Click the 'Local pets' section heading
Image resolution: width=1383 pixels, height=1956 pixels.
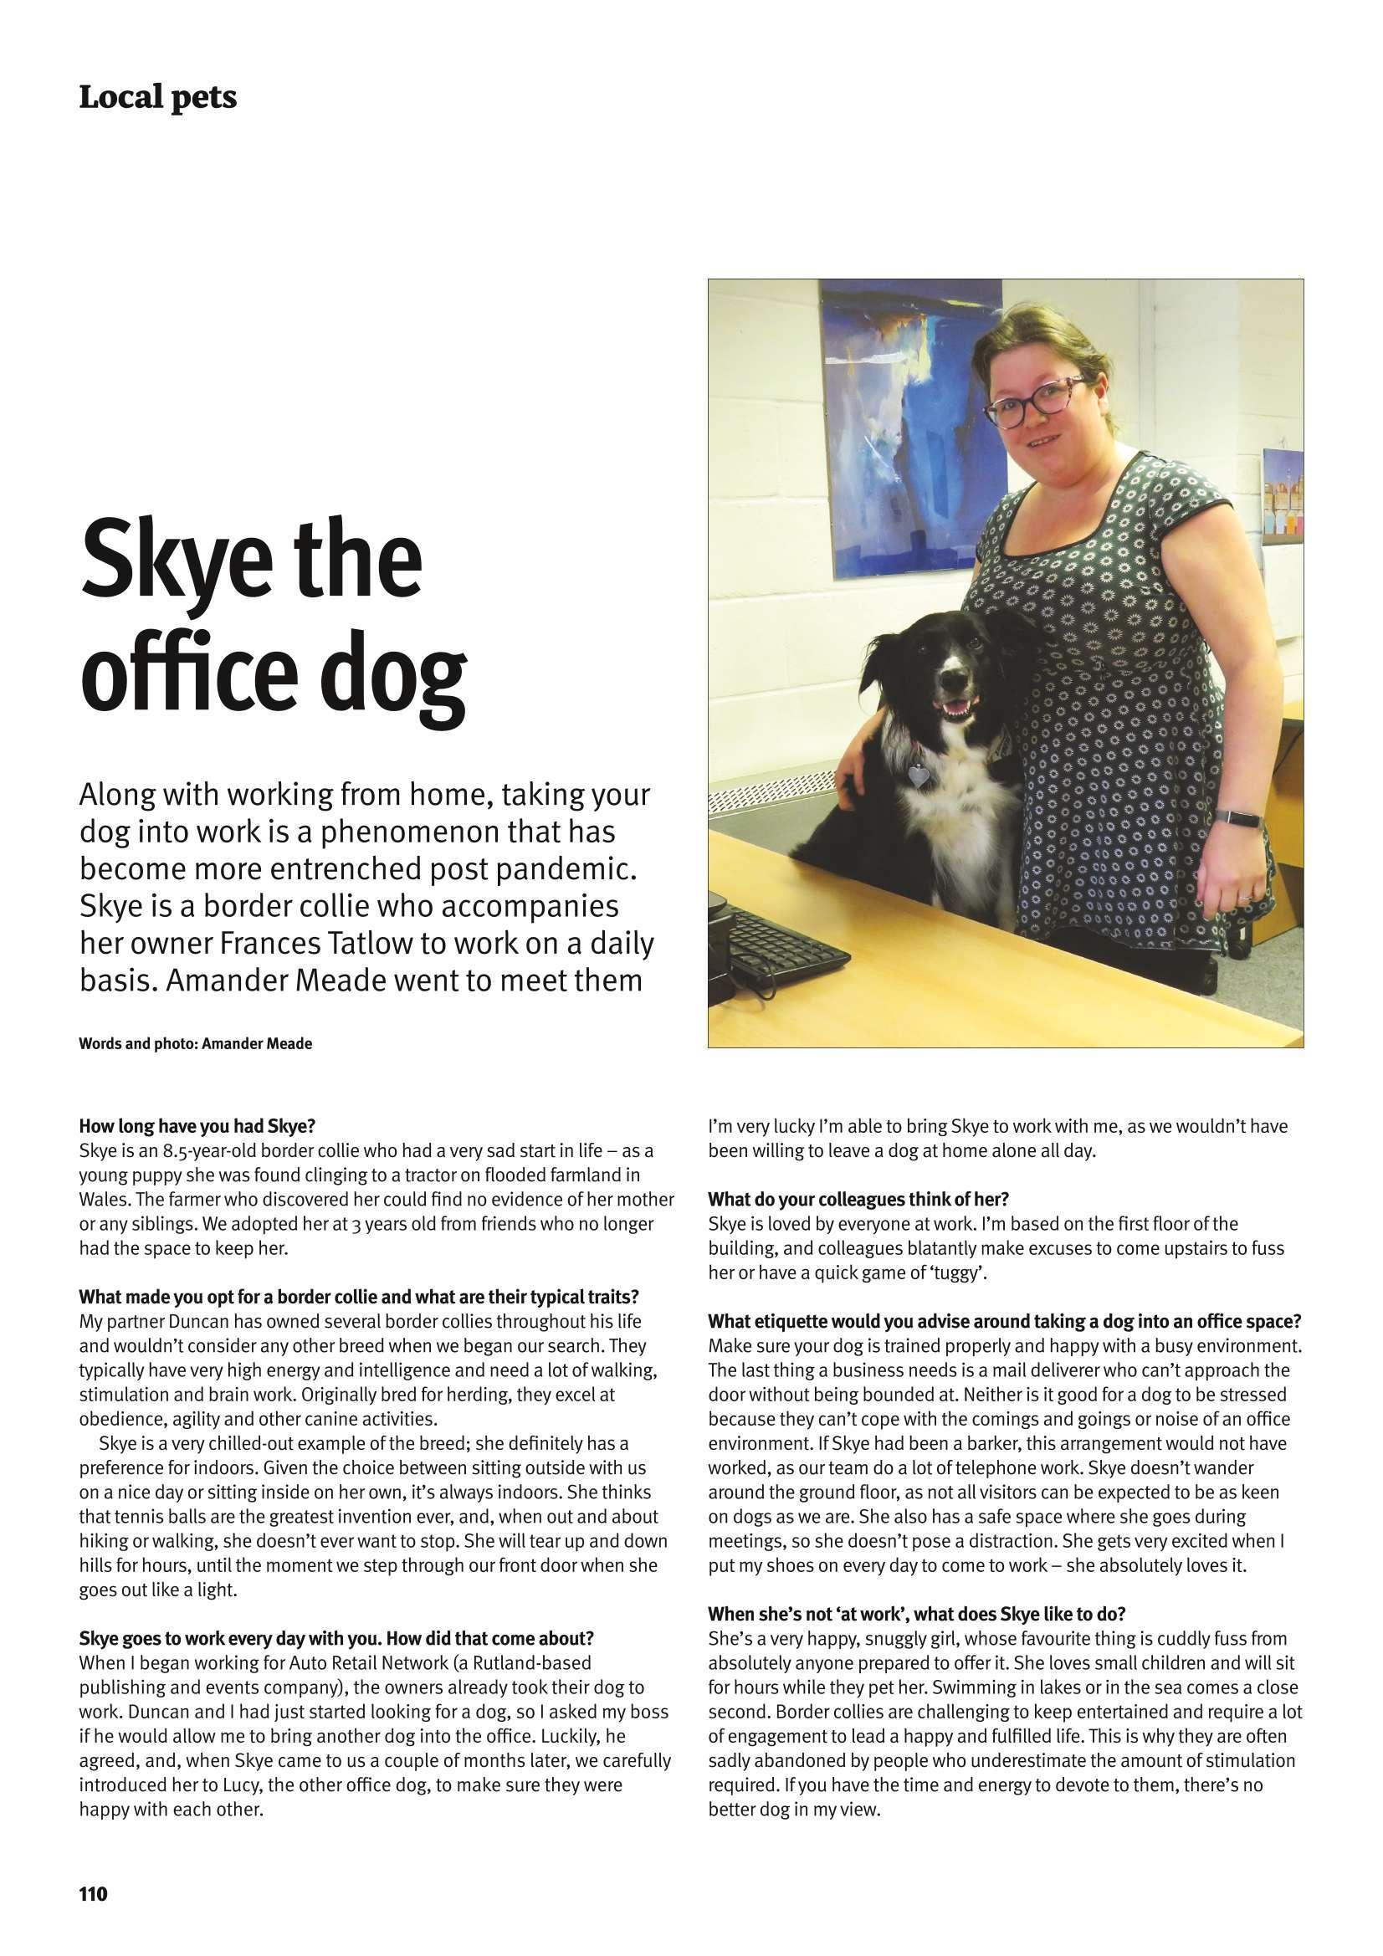[157, 98]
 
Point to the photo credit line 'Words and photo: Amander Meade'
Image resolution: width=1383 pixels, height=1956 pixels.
[195, 1043]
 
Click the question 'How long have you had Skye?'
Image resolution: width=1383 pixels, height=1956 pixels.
[197, 1127]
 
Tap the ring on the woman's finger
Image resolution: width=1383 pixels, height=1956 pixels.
[1247, 898]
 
